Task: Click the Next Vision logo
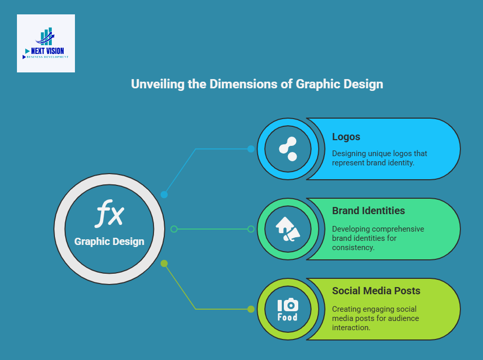[x=46, y=44]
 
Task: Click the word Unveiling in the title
[x=158, y=84]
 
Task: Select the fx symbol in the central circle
[x=109, y=214]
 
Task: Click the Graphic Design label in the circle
[x=109, y=242]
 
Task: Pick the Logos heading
[x=346, y=137]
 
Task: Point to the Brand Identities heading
[x=369, y=211]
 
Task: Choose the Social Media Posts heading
[x=376, y=291]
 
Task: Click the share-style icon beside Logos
[x=288, y=149]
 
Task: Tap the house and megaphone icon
[x=288, y=229]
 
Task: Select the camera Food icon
[x=288, y=310]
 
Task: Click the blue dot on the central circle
[x=164, y=195]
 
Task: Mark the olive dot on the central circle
[x=164, y=263]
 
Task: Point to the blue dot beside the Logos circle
[x=251, y=149]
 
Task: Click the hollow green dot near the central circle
[x=174, y=229]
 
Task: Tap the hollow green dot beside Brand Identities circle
[x=251, y=229]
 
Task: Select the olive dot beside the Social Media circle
[x=251, y=309]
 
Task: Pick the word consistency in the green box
[x=353, y=248]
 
